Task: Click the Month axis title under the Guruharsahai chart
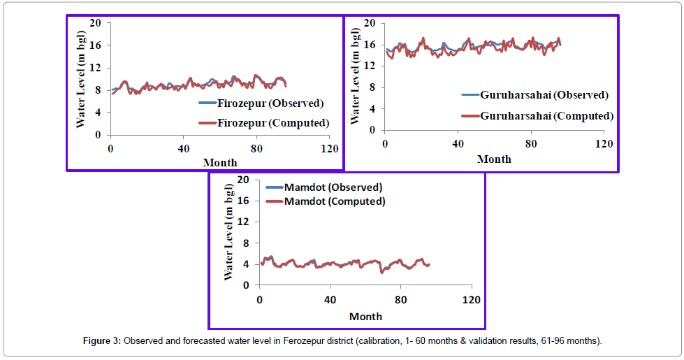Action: (x=494, y=159)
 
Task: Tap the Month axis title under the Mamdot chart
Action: (x=365, y=317)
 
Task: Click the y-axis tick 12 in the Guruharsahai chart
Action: (x=371, y=66)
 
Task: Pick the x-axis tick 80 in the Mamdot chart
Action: (x=401, y=300)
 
